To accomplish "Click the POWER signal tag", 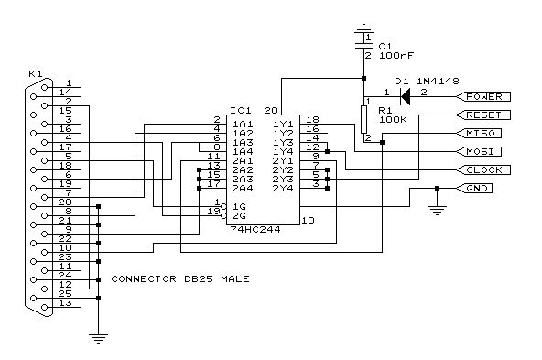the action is (x=483, y=96).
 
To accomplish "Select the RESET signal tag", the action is (x=483, y=115).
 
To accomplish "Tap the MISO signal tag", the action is (x=479, y=133).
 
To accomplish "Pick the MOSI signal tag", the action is (x=479, y=151).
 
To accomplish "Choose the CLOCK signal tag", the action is (x=483, y=169).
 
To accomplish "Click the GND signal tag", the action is (x=474, y=188).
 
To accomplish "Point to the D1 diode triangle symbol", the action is (x=405, y=96).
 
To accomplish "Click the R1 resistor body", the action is (x=363, y=119).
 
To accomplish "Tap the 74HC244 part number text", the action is (x=255, y=230).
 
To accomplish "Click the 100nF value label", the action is (x=396, y=55).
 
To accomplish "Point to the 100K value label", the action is (x=393, y=120).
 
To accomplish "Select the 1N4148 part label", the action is (x=438, y=82).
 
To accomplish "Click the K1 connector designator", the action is (x=36, y=73).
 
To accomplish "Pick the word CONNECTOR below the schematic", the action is (x=144, y=278).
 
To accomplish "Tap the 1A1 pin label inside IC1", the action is (x=243, y=125).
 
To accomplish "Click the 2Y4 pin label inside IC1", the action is (x=283, y=189).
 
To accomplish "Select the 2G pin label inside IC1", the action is (x=239, y=216).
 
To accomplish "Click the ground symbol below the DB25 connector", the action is (x=99, y=338).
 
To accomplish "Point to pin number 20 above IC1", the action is (x=271, y=110).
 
